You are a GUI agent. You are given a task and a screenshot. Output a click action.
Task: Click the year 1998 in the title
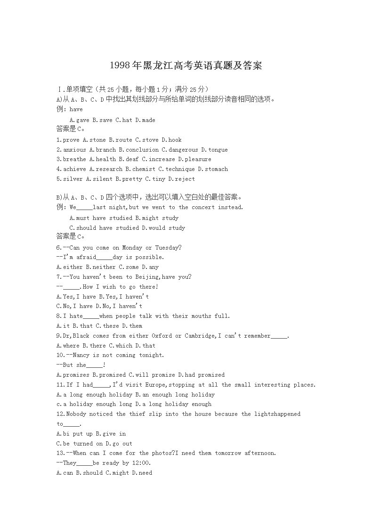120,65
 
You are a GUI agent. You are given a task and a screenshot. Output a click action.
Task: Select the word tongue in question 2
218,150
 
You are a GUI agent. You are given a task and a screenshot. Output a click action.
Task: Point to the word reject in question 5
185,179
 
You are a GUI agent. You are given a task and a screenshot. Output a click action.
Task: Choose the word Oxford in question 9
162,336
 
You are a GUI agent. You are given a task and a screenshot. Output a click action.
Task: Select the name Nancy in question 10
81,355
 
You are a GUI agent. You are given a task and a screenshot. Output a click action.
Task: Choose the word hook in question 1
175,140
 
